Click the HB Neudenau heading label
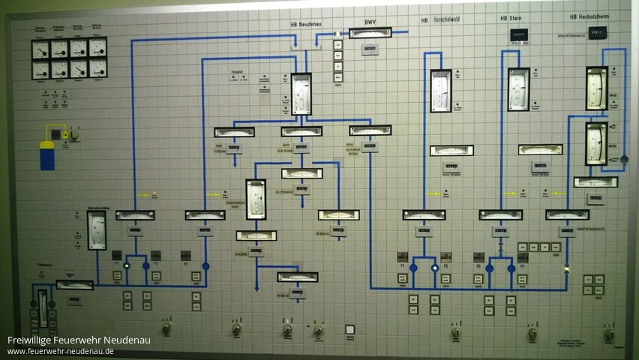tap(305, 24)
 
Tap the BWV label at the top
tap(370, 22)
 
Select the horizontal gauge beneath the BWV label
tap(370, 33)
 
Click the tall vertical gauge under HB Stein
tap(518, 89)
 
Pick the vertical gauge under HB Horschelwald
tap(441, 91)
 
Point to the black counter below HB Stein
tap(518, 34)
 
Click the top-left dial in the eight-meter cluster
tap(40, 49)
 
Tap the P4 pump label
tap(403, 266)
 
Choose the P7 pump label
tap(523, 266)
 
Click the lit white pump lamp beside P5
tap(434, 267)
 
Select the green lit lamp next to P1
tap(127, 265)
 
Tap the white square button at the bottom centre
tap(349, 328)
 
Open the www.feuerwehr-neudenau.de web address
tap(61, 351)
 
